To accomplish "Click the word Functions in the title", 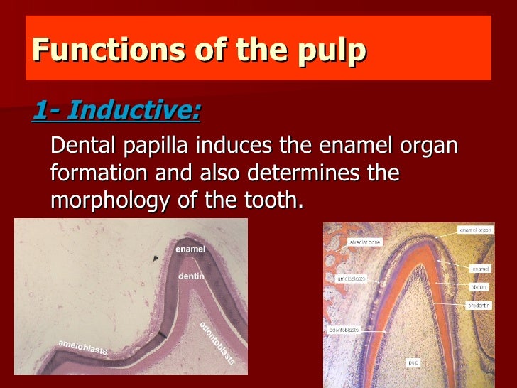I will pos(85,51).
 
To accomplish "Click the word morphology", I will pos(111,200).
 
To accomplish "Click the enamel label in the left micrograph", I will pos(190,249).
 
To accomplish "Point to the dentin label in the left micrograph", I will pos(192,275).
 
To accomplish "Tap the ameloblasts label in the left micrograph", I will pos(82,347).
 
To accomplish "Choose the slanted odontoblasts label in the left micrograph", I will pos(217,343).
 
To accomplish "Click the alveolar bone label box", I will pos(364,242).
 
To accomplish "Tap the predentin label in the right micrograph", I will pos(477,305).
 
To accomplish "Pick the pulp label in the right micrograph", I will pos(413,362).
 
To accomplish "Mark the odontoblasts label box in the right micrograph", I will pos(344,330).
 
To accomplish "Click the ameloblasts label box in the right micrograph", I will pos(350,279).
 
